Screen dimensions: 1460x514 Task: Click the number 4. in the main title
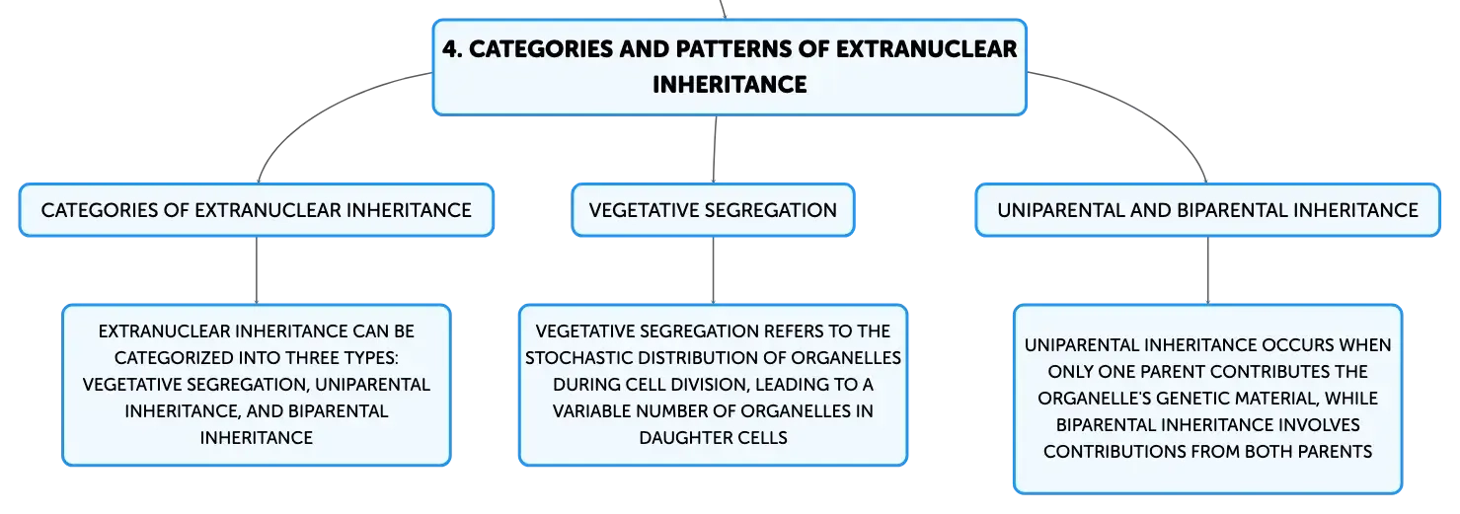click(x=452, y=49)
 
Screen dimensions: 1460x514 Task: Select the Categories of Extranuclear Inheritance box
click(x=256, y=210)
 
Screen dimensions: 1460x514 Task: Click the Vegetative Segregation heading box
click(x=713, y=210)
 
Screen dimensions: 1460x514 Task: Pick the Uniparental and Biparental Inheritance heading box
click(x=1207, y=210)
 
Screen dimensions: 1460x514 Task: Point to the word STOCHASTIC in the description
click(x=578, y=358)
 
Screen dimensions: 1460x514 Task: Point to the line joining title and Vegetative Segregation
click(x=715, y=149)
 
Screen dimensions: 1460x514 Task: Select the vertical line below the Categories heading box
click(x=256, y=270)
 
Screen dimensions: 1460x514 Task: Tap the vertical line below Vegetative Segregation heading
click(x=713, y=270)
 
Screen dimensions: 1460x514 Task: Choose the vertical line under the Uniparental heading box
click(x=1207, y=270)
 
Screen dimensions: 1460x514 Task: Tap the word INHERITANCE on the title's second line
click(x=730, y=85)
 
